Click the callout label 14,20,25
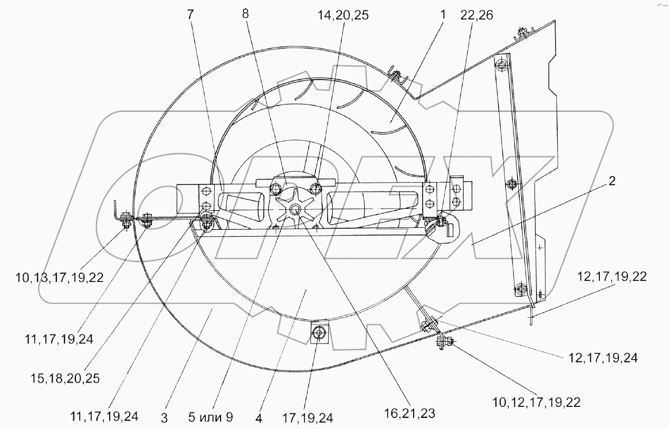click(x=343, y=15)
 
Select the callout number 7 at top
click(x=190, y=15)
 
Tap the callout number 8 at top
click(x=245, y=14)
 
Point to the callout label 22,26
click(x=476, y=15)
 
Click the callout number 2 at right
click(x=612, y=181)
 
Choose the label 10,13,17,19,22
click(x=60, y=278)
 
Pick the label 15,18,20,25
click(x=65, y=378)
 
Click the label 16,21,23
click(x=409, y=413)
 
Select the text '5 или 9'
click(x=211, y=417)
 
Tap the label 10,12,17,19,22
click(x=537, y=403)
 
